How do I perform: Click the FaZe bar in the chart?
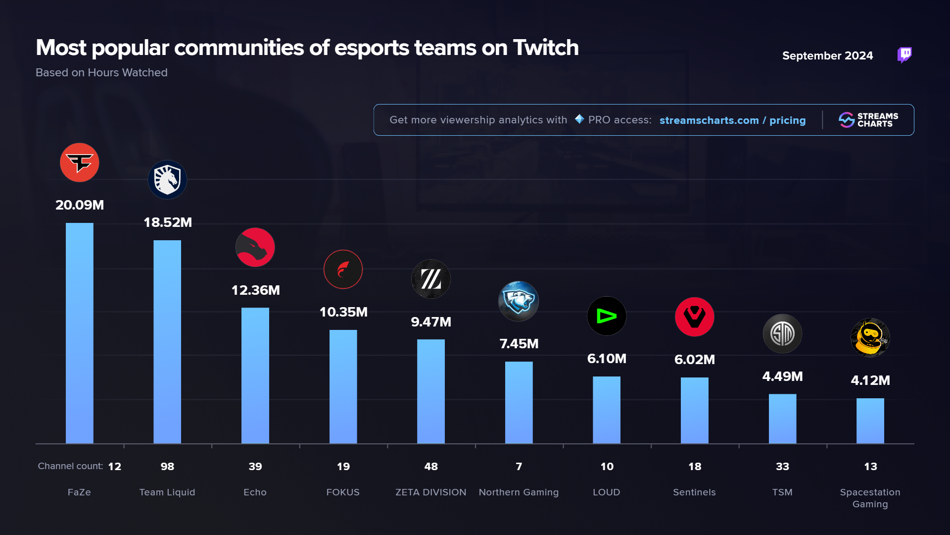coord(79,333)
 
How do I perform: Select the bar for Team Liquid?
coord(167,342)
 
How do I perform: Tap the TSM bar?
coord(782,419)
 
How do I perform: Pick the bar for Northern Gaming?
coord(519,402)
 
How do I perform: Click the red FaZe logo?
coord(79,162)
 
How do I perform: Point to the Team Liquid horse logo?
coord(167,179)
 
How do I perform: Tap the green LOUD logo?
coord(607,316)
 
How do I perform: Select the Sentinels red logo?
coord(694,317)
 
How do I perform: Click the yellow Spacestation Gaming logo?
coord(870,338)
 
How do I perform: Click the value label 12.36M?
coord(255,290)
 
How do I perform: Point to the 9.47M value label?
coord(431,322)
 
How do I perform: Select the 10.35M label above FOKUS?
coord(343,312)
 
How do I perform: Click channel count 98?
coord(167,467)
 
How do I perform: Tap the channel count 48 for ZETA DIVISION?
coord(431,467)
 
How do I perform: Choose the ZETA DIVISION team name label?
coord(430,492)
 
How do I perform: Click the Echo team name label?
coord(255,492)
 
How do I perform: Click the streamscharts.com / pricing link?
coord(732,120)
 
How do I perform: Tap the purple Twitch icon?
coord(904,55)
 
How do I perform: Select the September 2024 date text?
coord(827,56)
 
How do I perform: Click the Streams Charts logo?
coord(868,120)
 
